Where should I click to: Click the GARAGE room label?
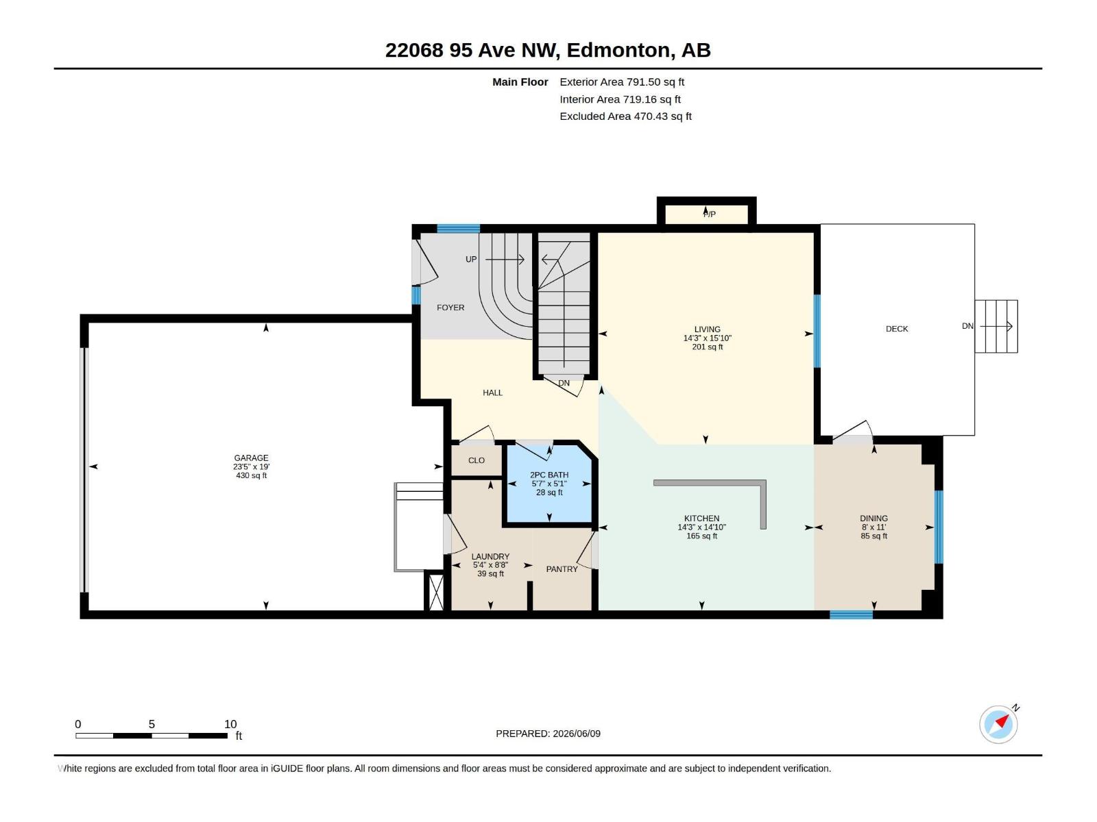(x=251, y=458)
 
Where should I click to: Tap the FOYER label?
(x=450, y=308)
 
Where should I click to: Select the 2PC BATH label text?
(x=548, y=475)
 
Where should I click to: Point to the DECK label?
(x=897, y=328)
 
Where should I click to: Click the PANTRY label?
(x=562, y=569)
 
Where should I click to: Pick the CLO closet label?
(x=477, y=460)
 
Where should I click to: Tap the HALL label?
(x=492, y=393)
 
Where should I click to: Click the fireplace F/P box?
(x=706, y=214)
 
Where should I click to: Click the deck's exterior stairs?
(x=996, y=326)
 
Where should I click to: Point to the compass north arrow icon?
(x=999, y=724)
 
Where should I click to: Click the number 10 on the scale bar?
(x=230, y=724)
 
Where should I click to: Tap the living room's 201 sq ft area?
(x=707, y=347)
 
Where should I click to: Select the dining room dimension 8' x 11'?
(x=873, y=527)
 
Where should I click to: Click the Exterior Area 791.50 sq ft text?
(x=622, y=82)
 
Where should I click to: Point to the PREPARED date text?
(x=548, y=734)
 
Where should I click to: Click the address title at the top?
(x=548, y=50)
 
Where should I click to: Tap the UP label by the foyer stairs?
(x=471, y=259)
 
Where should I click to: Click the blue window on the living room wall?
(x=817, y=331)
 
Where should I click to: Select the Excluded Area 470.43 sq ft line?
(x=625, y=116)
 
